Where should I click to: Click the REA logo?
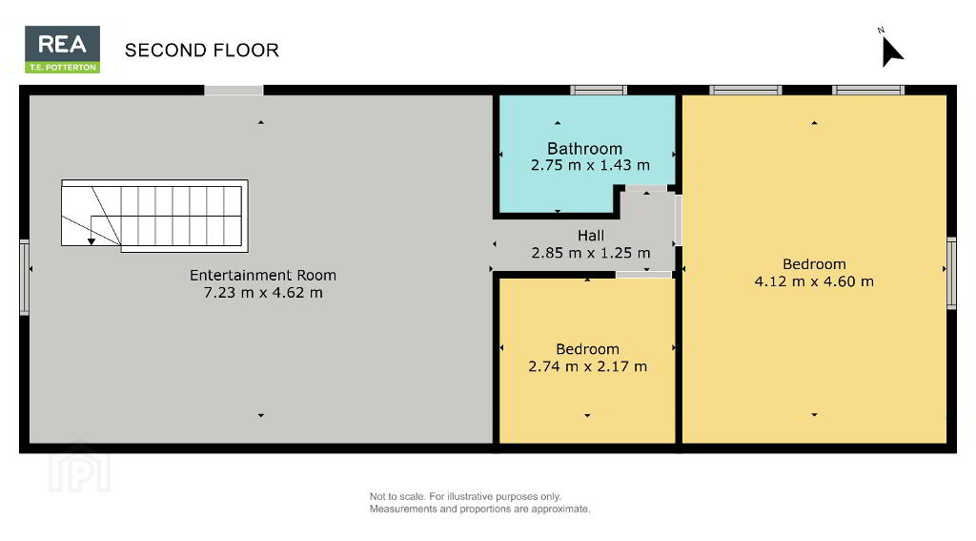tap(62, 50)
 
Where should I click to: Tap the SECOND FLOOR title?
tap(202, 51)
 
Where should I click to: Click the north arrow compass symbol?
tap(891, 49)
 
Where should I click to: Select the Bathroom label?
tap(584, 148)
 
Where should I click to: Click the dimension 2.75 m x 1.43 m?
tap(590, 165)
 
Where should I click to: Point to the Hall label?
tap(591, 236)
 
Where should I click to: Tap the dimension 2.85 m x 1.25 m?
tap(591, 253)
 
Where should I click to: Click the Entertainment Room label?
tap(263, 275)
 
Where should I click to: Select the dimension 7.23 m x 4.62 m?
tap(263, 292)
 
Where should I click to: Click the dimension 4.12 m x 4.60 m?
tap(814, 281)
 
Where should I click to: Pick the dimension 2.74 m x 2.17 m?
tap(587, 365)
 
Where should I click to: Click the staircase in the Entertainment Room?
tap(154, 216)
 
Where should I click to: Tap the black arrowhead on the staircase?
tap(91, 241)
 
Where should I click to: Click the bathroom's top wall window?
tap(599, 91)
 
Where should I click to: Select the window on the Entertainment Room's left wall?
tap(24, 278)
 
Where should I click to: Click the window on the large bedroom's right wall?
tap(951, 273)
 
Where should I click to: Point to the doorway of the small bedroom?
tap(643, 275)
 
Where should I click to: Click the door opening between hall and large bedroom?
tap(679, 220)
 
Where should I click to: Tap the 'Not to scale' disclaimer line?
tap(465, 497)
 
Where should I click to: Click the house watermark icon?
tap(80, 468)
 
